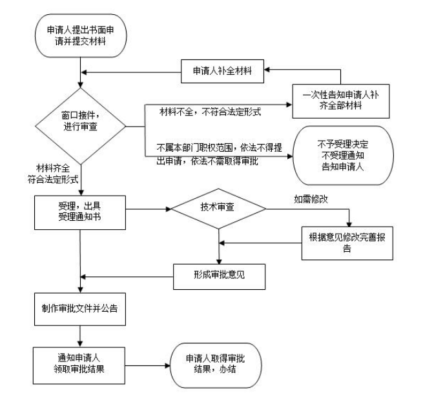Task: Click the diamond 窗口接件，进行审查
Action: point(80,119)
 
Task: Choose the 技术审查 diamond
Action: point(218,209)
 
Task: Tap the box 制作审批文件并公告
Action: point(80,310)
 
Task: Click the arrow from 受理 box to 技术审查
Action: point(148,209)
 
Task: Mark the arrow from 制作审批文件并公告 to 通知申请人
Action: point(80,334)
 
